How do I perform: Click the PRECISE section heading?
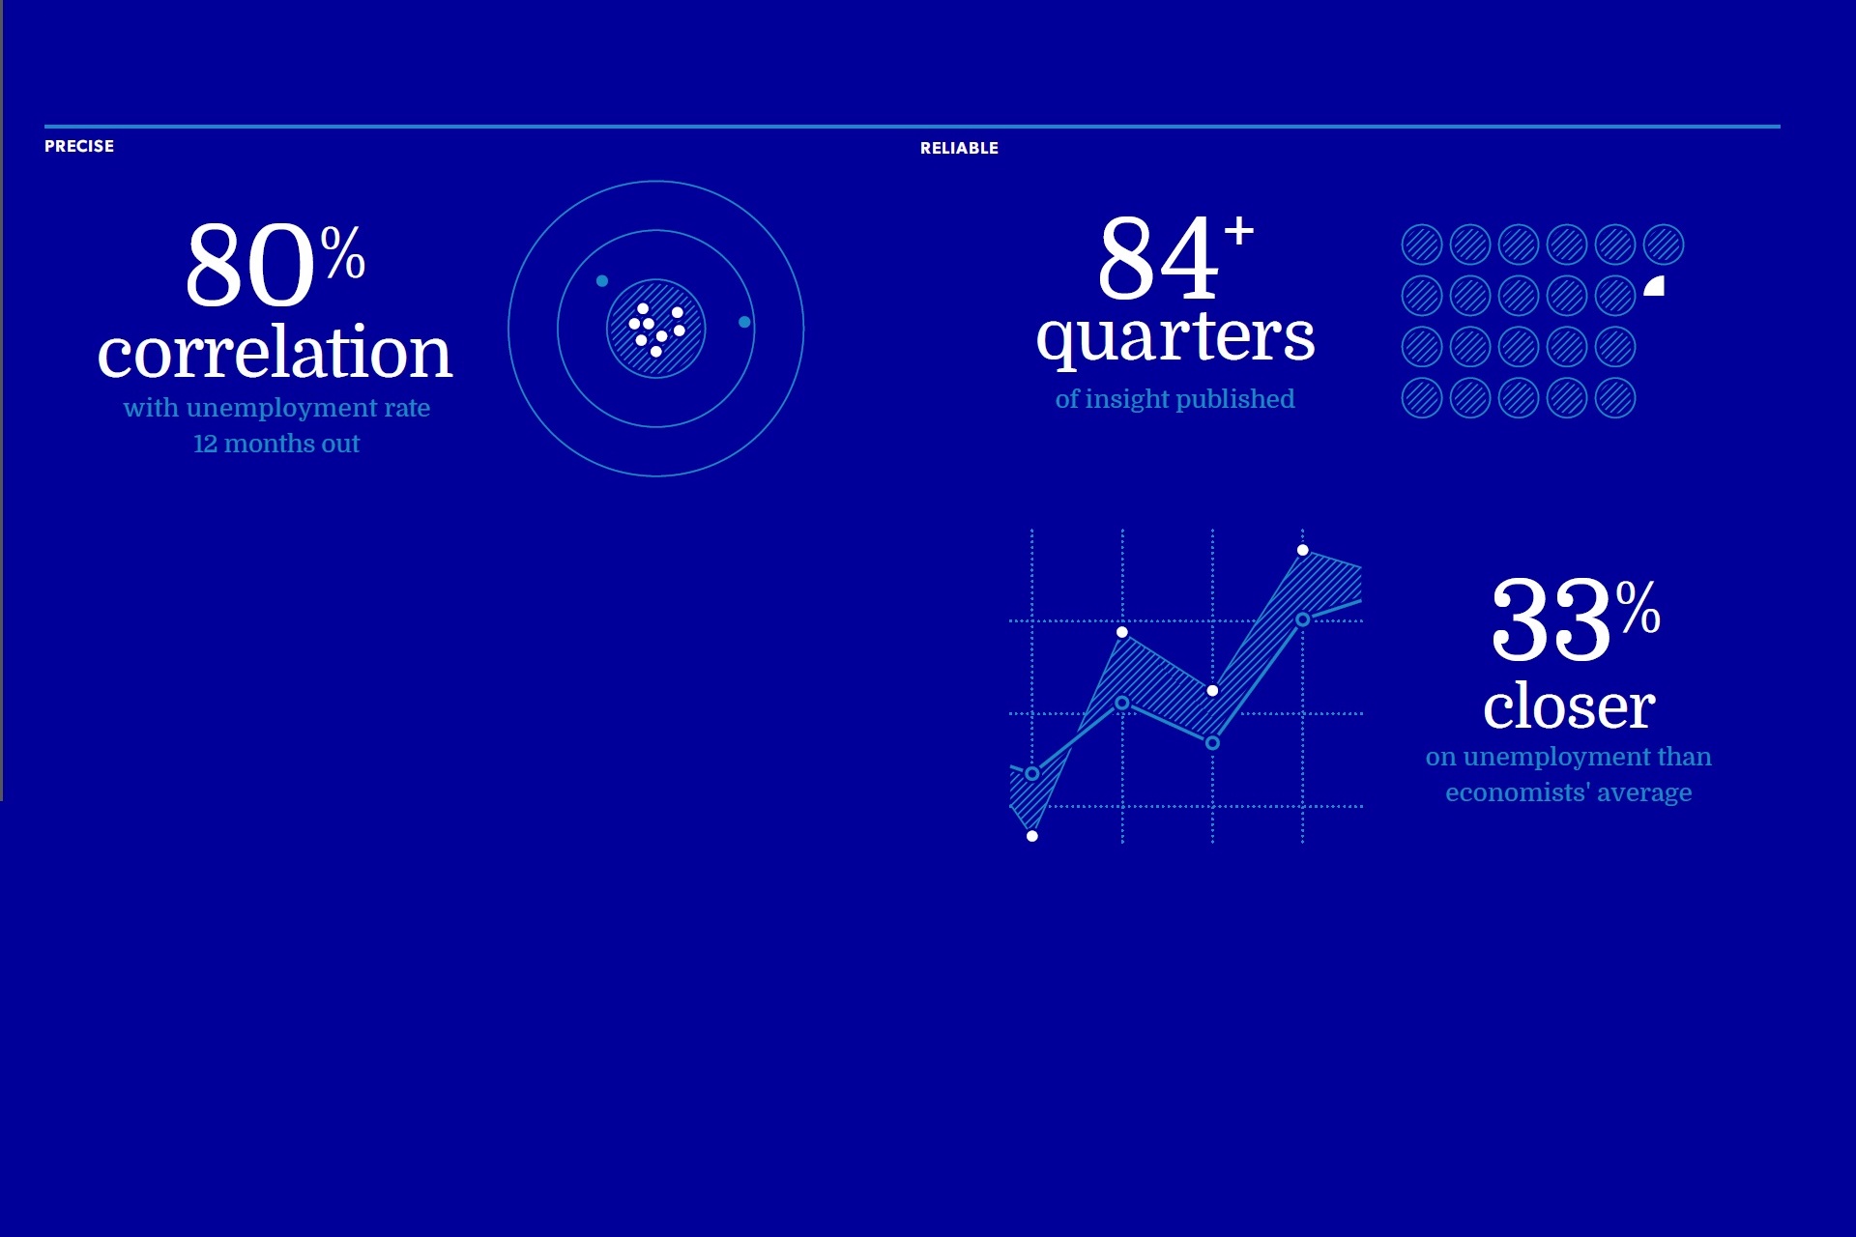pos(79,146)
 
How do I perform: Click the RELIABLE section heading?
pos(959,148)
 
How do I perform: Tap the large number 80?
pos(250,265)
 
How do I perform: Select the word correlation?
pos(275,353)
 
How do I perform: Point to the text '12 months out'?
pos(276,444)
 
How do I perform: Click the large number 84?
pos(1158,257)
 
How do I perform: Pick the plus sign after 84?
pos(1238,231)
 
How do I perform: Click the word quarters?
pos(1175,338)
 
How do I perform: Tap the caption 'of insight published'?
pos(1174,399)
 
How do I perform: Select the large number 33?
pos(1551,620)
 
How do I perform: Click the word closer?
pos(1569,706)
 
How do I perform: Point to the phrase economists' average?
pos(1568,792)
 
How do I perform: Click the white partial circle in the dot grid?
pos(1655,285)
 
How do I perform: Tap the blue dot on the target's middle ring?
pos(744,322)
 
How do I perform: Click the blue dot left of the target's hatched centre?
pos(602,281)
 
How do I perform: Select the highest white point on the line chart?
pos(1303,550)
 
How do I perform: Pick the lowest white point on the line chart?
pos(1032,836)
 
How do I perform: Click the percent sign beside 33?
pos(1638,608)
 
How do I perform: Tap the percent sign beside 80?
pos(343,252)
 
